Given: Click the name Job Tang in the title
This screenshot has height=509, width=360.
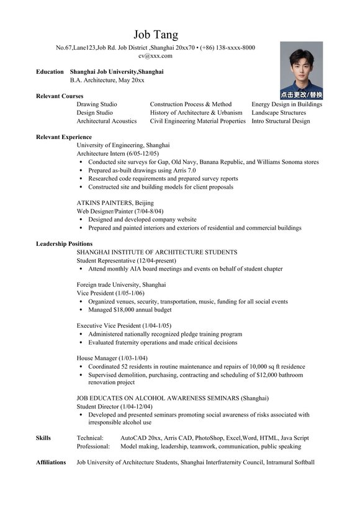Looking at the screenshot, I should click(155, 34).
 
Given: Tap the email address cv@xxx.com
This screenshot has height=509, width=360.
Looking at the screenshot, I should click(155, 56).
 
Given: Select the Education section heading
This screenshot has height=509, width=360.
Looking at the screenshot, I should click(50, 72).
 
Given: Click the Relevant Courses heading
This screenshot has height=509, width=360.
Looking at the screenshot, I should click(60, 96).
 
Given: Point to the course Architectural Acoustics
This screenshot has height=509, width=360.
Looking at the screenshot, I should click(106, 121).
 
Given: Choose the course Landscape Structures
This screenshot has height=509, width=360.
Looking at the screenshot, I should click(279, 113).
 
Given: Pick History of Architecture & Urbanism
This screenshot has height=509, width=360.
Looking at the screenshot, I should click(196, 113).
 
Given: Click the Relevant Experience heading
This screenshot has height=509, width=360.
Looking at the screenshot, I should click(64, 137).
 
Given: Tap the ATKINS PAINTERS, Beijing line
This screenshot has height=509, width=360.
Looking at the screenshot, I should click(115, 203).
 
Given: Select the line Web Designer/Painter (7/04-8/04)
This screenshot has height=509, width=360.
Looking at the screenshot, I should click(120, 211).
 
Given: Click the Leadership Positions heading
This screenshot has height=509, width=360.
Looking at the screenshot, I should click(65, 244).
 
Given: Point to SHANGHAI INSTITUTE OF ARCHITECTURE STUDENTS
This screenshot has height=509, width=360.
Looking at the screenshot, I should click(156, 252).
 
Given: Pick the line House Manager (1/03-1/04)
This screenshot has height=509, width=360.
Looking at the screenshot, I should click(112, 358).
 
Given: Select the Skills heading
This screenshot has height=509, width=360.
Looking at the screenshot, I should click(43, 438).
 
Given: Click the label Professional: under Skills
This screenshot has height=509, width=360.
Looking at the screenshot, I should click(93, 446).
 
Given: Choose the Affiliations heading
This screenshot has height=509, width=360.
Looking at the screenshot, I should click(51, 462).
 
